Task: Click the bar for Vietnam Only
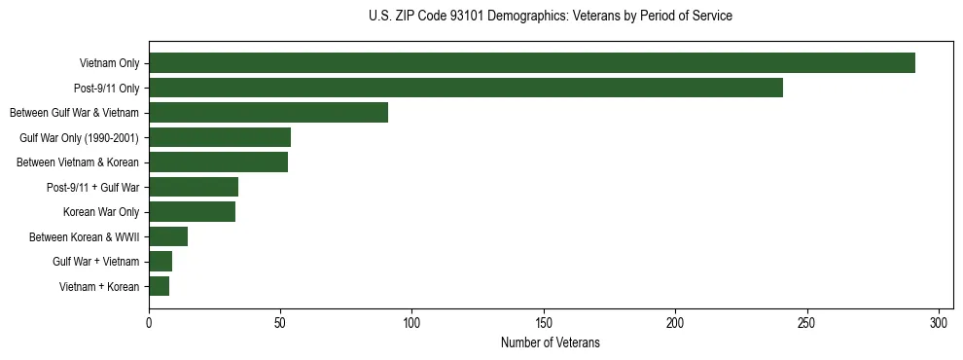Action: (x=532, y=63)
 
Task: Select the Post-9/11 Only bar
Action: (x=466, y=88)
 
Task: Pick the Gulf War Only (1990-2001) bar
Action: (x=220, y=137)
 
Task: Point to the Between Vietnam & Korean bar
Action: (x=218, y=162)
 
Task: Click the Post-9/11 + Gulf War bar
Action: (x=194, y=187)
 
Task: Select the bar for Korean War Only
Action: (x=192, y=212)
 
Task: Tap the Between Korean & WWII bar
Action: (x=168, y=236)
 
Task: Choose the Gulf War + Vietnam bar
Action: (x=160, y=262)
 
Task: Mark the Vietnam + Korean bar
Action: (x=159, y=286)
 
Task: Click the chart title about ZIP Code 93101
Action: (x=551, y=17)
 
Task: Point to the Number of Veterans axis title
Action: (x=551, y=342)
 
